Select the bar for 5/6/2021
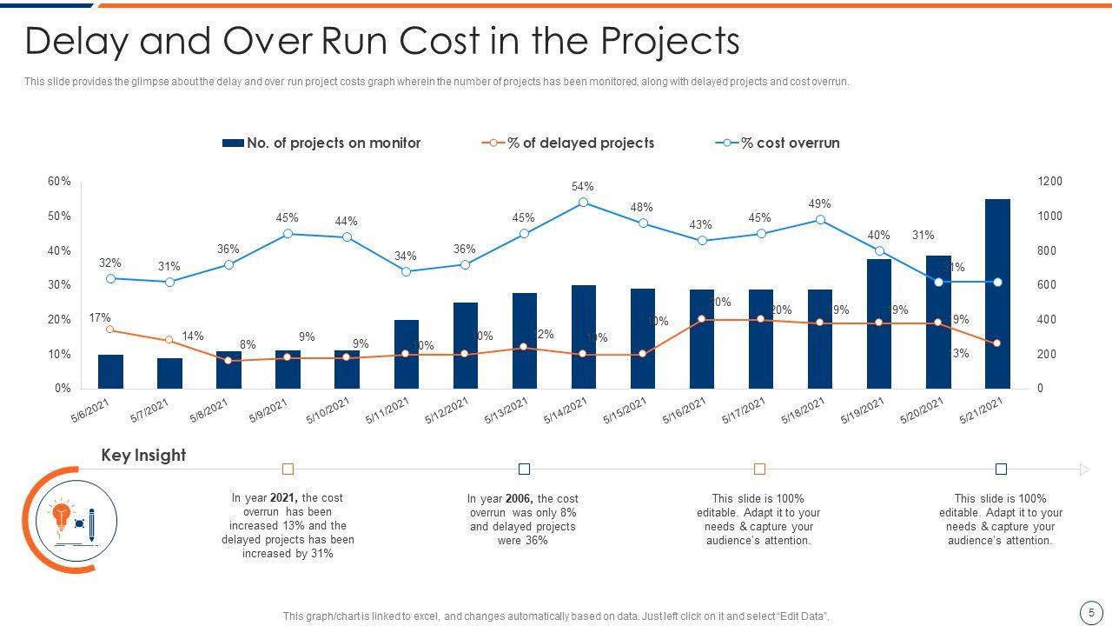tap(110, 371)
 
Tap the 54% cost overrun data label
tap(583, 187)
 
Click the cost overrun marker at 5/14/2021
tap(583, 203)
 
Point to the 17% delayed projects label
tap(100, 319)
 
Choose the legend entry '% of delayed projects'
tap(568, 143)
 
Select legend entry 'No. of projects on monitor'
tap(321, 143)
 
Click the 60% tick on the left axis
tap(59, 182)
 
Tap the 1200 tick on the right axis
tap(1050, 182)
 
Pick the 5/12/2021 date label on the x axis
tap(446, 411)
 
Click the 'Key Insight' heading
tap(143, 456)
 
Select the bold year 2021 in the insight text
tap(283, 498)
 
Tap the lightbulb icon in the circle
tap(62, 515)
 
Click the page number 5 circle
tap(1090, 612)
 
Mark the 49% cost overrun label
tap(819, 204)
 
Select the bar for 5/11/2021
tap(407, 354)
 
